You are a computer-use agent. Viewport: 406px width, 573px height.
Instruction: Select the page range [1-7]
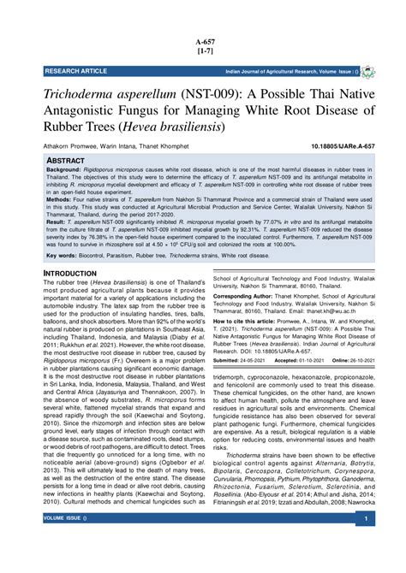pos(204,52)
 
